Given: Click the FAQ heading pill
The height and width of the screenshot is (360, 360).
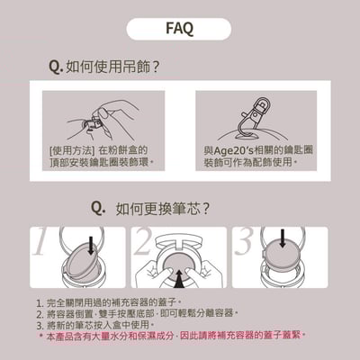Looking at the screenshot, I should point(180,27).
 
